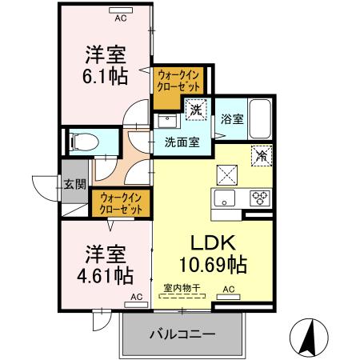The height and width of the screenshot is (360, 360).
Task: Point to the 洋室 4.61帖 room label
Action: click(105, 266)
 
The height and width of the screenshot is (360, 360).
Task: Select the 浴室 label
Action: click(232, 119)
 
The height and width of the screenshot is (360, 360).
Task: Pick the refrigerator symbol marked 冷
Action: click(260, 155)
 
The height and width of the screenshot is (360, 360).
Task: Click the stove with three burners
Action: click(260, 198)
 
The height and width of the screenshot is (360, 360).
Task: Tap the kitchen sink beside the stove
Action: click(223, 198)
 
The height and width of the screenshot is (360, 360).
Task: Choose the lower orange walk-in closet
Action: click(122, 202)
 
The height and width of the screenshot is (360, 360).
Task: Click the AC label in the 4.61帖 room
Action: click(135, 296)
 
